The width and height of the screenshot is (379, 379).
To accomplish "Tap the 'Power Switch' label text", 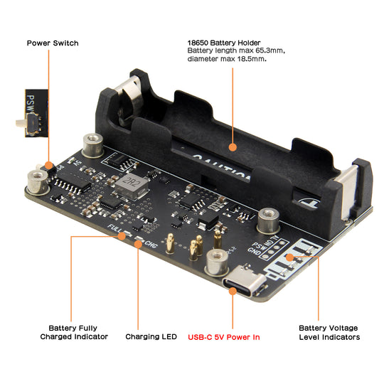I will coord(52,43).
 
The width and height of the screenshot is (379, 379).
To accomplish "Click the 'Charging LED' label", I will coord(151,336).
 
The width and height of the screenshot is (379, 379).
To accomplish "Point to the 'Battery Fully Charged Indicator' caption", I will coord(74,332).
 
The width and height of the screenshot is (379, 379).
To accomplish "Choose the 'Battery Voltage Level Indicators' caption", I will coord(329,332).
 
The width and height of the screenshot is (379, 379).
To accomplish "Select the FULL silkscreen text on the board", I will coord(115,229).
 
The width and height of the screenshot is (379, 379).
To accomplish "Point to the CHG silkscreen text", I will coord(151,245).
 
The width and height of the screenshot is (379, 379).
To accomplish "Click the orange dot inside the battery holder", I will coord(232,147).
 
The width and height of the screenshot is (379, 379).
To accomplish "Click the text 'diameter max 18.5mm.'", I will coord(227,59).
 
